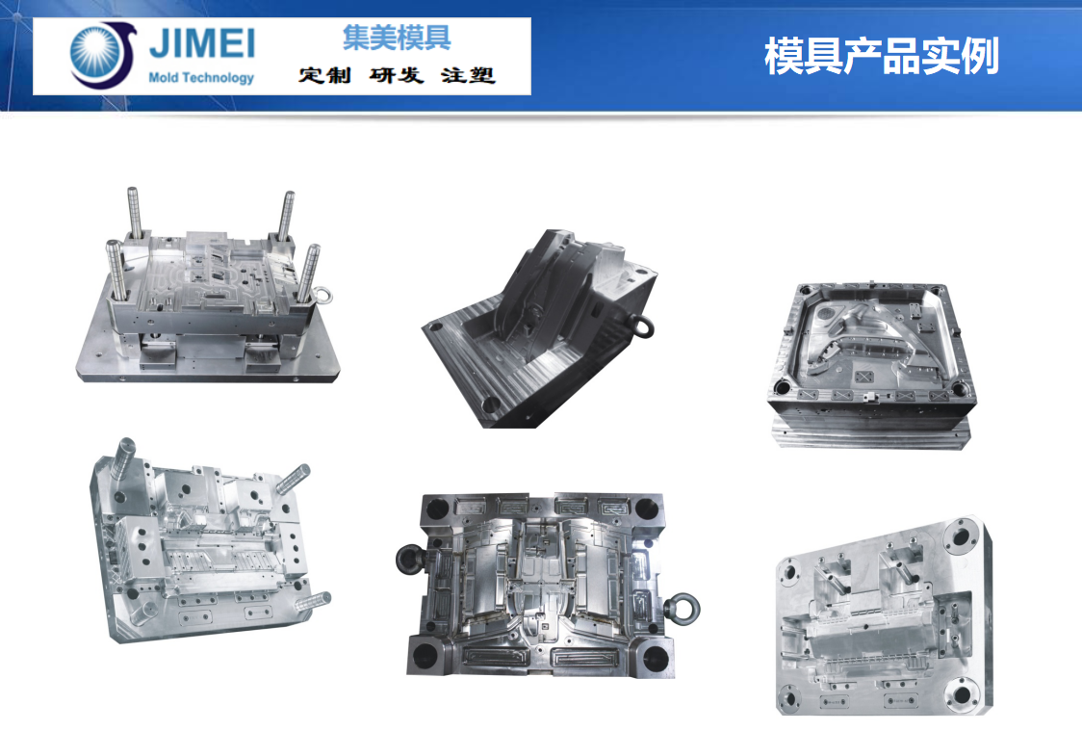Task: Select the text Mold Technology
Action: coord(201,78)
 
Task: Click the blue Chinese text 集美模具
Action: coord(397,38)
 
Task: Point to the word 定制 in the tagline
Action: coord(325,75)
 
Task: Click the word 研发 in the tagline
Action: coord(397,75)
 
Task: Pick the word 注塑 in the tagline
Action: coord(469,75)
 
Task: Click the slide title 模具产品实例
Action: coord(881,57)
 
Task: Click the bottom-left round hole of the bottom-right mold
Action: coord(791,697)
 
